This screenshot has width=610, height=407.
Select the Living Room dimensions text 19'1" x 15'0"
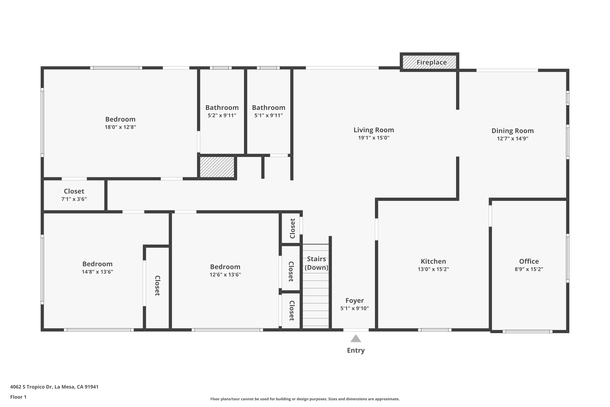[x=374, y=138]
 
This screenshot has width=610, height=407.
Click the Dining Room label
[x=512, y=131]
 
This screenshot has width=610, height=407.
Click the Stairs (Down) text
[x=316, y=263]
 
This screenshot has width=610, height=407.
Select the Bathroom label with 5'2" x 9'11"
[x=222, y=107]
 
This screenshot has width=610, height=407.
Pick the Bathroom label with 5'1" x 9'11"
[x=268, y=107]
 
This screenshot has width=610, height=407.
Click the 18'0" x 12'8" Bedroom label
[x=120, y=119]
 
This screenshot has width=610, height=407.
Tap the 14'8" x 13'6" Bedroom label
[x=97, y=264]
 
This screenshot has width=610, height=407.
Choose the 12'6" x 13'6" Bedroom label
[x=225, y=267]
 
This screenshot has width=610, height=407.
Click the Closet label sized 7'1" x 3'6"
[x=74, y=191]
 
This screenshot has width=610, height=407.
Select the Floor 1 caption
[x=18, y=397]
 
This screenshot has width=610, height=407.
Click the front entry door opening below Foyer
[x=356, y=330]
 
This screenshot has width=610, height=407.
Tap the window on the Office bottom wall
[x=527, y=332]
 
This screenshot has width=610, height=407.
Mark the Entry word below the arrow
[x=356, y=350]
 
